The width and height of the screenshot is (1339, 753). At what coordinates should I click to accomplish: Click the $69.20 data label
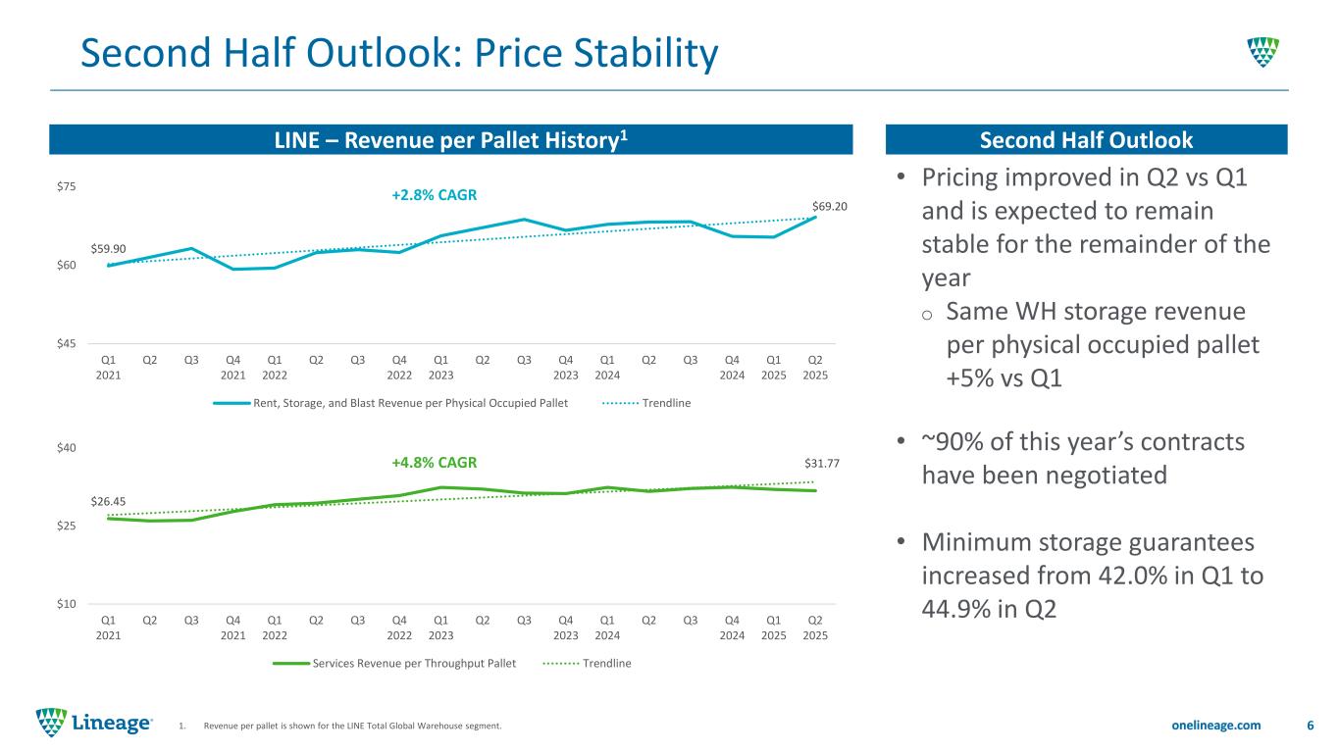tap(829, 207)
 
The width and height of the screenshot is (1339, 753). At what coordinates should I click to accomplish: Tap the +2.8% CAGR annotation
tap(435, 195)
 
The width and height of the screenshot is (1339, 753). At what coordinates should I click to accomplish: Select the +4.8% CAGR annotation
tap(435, 462)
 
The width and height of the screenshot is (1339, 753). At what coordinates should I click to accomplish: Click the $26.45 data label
tap(108, 501)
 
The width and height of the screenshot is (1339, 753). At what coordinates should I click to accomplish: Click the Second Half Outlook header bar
tap(1086, 140)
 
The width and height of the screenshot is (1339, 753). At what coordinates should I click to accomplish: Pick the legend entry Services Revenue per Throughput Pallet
tap(415, 664)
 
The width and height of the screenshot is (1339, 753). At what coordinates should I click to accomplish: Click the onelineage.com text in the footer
tap(1216, 725)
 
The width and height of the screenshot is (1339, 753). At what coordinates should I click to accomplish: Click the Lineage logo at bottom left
tap(94, 724)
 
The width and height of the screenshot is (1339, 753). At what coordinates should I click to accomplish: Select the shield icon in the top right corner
tap(1262, 51)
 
